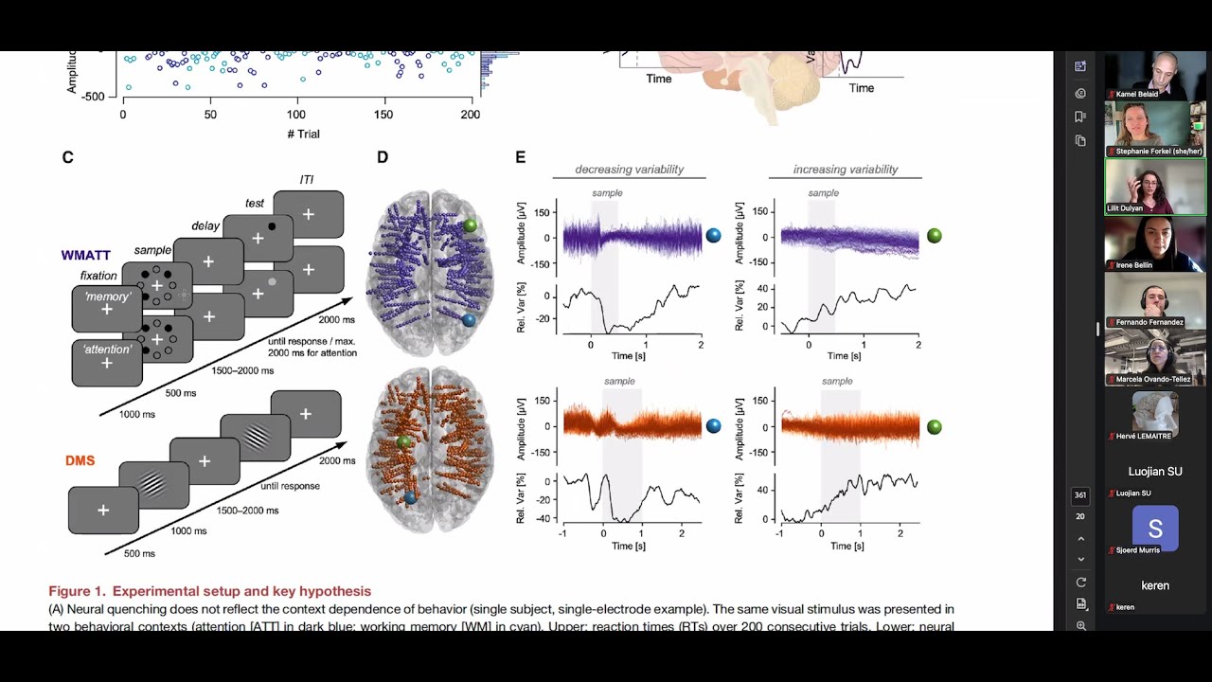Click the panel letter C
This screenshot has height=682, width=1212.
click(67, 158)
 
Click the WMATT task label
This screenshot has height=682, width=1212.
click(85, 256)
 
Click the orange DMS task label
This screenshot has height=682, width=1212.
click(81, 461)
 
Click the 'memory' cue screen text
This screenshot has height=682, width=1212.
click(107, 296)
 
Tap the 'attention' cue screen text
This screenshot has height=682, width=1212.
click(106, 350)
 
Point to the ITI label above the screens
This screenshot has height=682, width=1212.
click(306, 180)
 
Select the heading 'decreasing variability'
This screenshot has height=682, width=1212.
click(629, 170)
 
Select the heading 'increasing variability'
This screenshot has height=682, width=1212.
click(846, 170)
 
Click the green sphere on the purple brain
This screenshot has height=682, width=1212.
click(471, 225)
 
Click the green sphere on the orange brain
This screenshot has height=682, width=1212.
click(404, 442)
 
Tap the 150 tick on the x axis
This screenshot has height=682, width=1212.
click(383, 115)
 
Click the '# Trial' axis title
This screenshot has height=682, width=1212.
click(303, 134)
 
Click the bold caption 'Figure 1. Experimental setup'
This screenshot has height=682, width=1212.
click(209, 591)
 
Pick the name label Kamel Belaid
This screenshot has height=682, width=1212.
click(1136, 94)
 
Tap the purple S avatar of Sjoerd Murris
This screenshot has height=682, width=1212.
click(1155, 528)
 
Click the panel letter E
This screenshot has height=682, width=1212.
click(520, 158)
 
